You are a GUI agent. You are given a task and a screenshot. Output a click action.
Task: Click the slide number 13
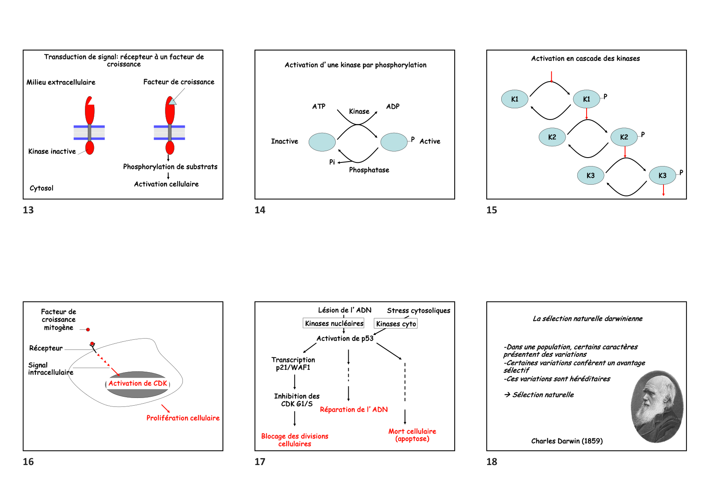[x=28, y=210]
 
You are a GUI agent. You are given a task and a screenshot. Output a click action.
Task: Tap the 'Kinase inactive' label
[x=52, y=152]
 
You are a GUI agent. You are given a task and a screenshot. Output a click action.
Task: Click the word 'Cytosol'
[x=41, y=188]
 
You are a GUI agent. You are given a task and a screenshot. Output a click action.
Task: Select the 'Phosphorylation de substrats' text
[x=170, y=167]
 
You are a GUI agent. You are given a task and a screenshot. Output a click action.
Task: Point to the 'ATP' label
[x=319, y=107]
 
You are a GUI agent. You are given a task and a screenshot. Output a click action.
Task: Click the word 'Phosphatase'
[x=369, y=170]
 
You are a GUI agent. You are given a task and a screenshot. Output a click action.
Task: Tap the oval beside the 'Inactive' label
[x=322, y=142]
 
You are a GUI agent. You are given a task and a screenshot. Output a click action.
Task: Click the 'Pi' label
[x=332, y=162]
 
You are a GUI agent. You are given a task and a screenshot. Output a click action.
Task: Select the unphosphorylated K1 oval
[x=515, y=99]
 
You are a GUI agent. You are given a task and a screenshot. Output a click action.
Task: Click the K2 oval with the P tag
[x=624, y=137]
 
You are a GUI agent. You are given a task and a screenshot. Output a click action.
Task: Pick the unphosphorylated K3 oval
[x=591, y=176]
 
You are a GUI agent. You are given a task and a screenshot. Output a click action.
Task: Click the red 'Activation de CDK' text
[x=138, y=383]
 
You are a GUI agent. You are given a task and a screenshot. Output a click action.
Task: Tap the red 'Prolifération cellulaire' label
[x=183, y=418]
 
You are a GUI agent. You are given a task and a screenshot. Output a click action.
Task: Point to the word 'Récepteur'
[x=46, y=348]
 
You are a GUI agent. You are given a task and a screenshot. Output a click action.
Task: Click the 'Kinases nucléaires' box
[x=334, y=324]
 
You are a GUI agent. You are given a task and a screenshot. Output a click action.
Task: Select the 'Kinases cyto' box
[x=396, y=324]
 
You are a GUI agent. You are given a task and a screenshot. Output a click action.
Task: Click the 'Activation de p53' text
[x=345, y=339]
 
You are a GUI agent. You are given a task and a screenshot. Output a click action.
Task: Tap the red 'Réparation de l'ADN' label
[x=354, y=410]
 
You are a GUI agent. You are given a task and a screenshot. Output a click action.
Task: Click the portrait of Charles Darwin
[x=657, y=406]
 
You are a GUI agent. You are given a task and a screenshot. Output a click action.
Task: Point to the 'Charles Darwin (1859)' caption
[x=567, y=441]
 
